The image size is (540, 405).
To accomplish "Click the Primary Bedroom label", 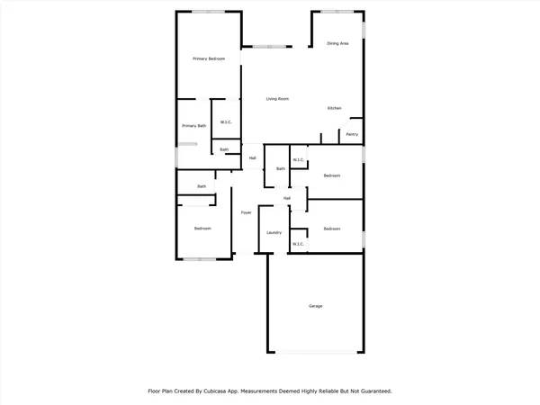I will point(208,58).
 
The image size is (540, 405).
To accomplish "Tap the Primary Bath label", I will point(193,126).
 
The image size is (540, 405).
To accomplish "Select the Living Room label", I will point(276,99).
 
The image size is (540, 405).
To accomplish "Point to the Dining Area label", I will point(338,43).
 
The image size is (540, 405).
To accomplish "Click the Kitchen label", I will point(334,109).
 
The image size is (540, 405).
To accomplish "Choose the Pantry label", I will point(352,135).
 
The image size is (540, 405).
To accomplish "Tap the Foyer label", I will point(245,212).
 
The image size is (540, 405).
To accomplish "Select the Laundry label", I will point(274,233).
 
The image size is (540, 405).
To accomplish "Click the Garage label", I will point(316,306).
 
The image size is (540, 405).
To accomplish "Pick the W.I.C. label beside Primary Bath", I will point(226,121).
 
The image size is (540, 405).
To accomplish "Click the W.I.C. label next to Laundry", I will point(299,243).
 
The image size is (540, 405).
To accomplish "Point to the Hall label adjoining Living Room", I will point(253,158).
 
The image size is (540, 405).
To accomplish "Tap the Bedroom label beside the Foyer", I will point(202,229).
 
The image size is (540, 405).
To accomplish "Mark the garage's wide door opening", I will point(315,352).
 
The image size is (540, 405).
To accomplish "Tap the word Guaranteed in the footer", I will point(373,391).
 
